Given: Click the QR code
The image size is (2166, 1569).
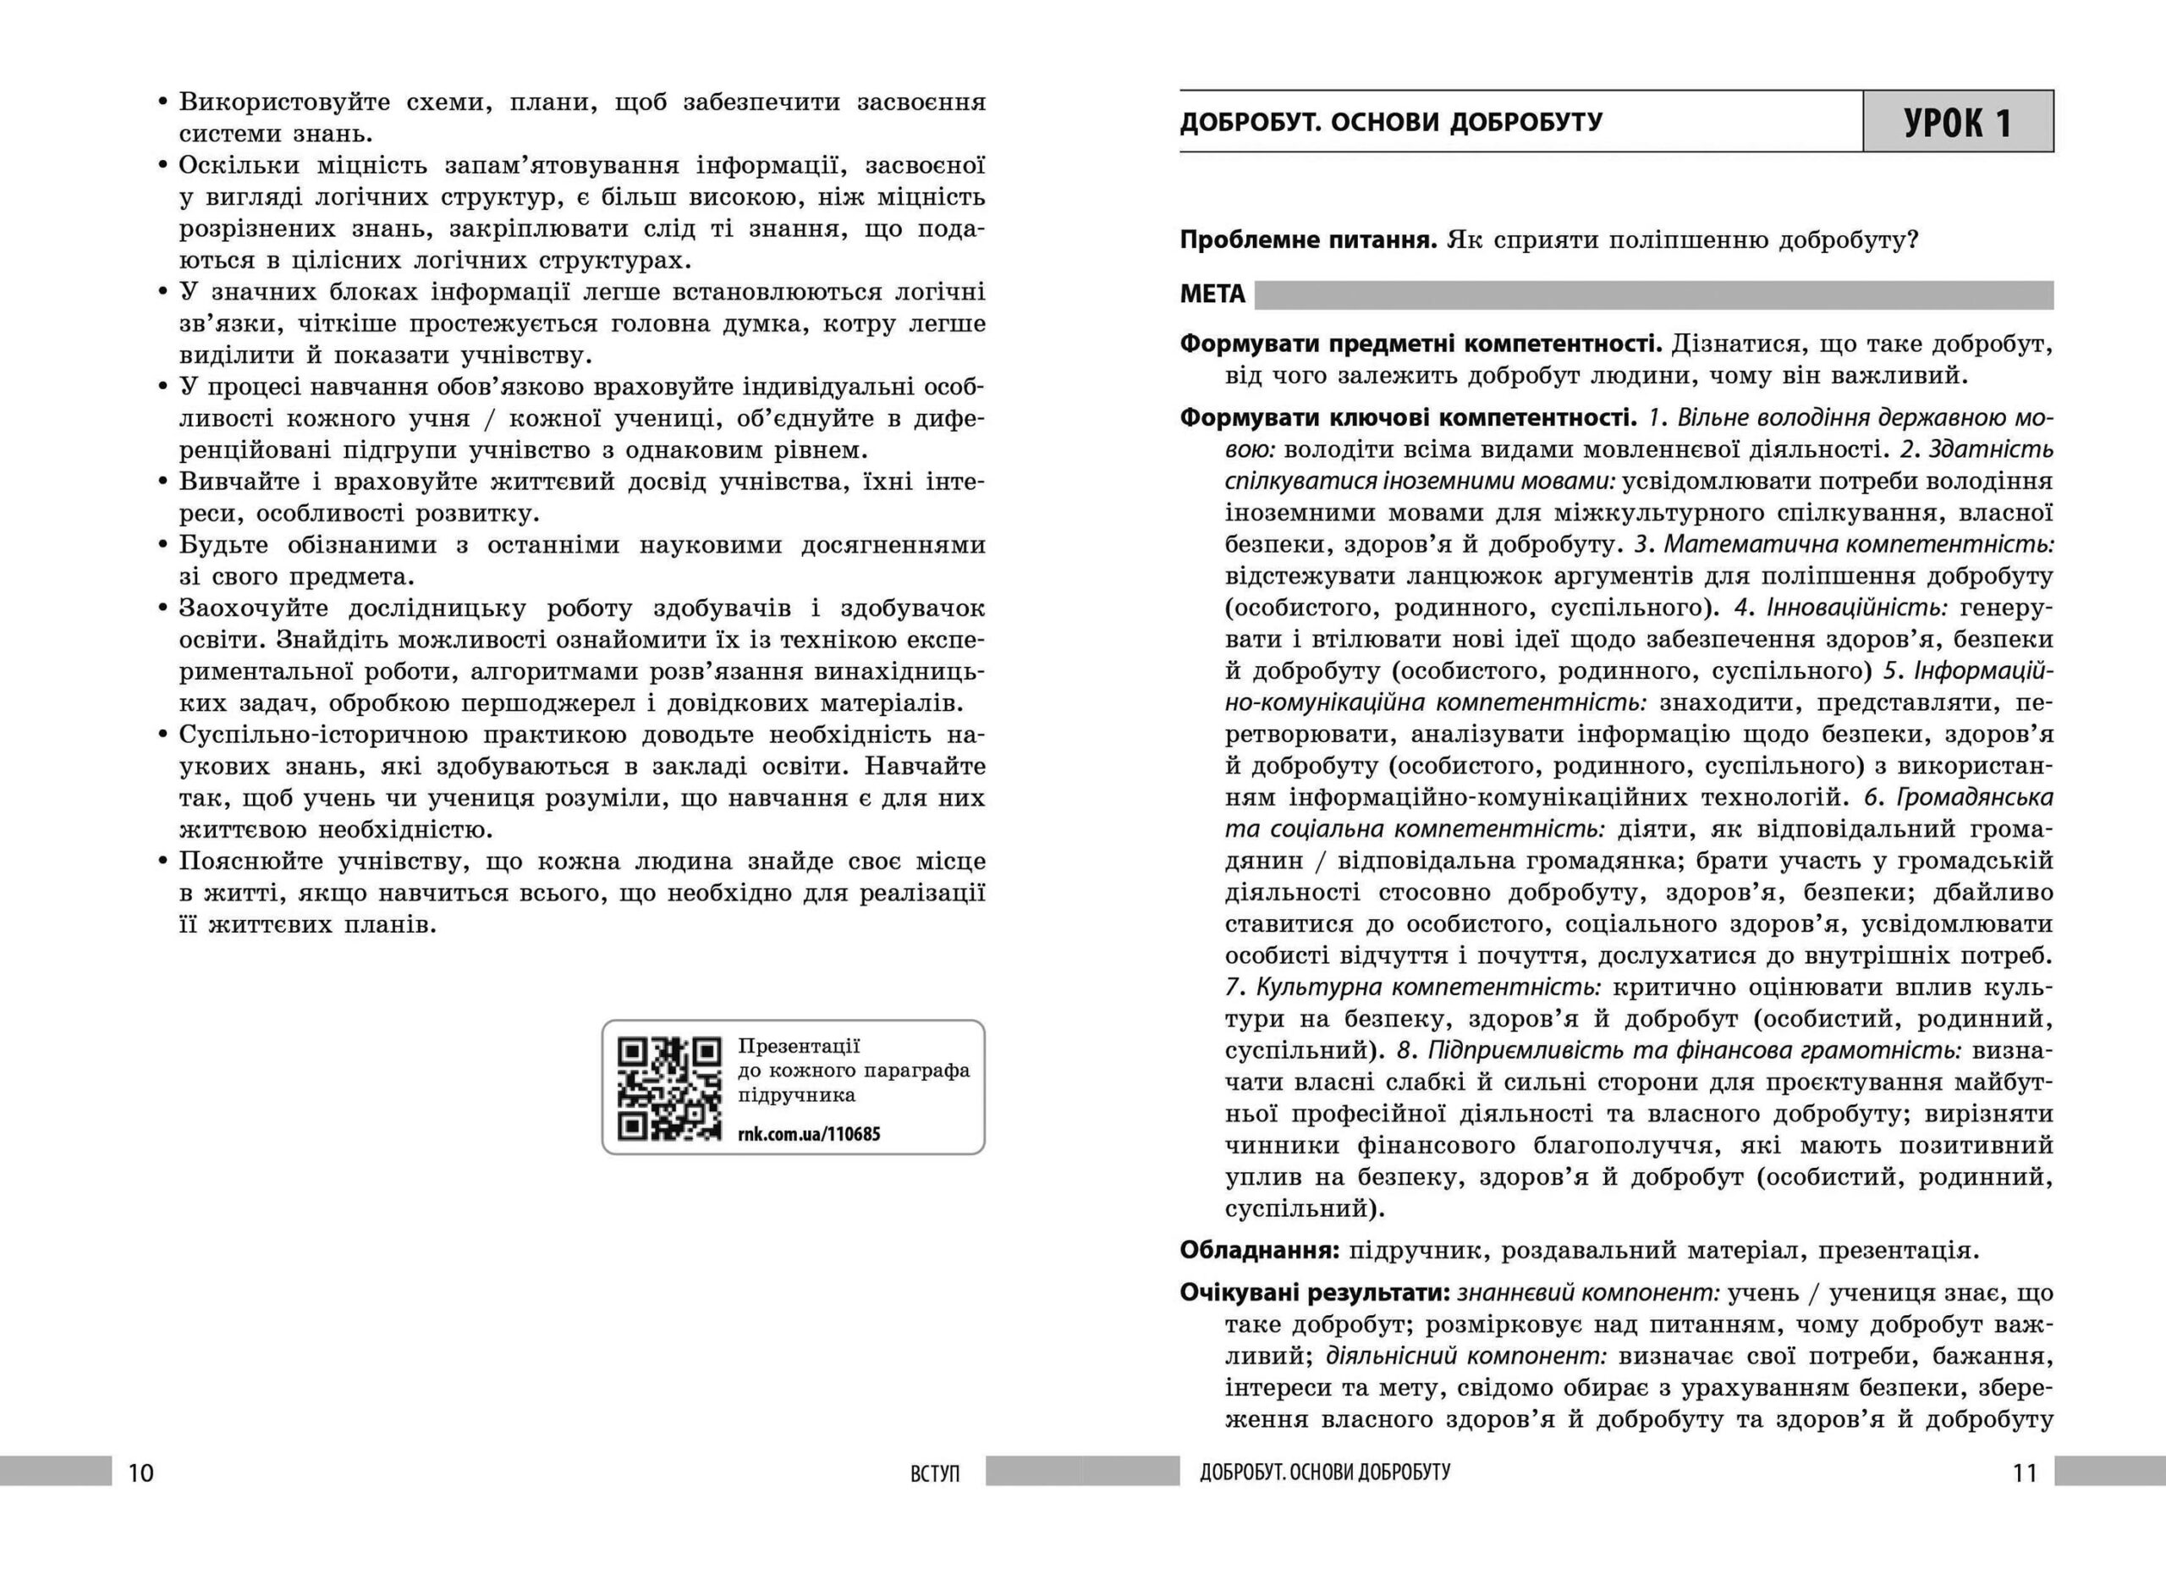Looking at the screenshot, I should [668, 1088].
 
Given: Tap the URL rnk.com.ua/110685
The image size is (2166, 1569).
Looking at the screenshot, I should [809, 1135].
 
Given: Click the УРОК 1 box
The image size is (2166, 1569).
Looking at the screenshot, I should [1958, 121].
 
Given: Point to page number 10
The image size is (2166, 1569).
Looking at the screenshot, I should [140, 1473].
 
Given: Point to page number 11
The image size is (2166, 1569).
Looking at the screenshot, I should [2025, 1473].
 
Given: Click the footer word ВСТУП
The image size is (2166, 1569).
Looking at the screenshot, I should [934, 1473].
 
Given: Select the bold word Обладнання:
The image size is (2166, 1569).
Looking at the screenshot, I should [1259, 1250].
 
